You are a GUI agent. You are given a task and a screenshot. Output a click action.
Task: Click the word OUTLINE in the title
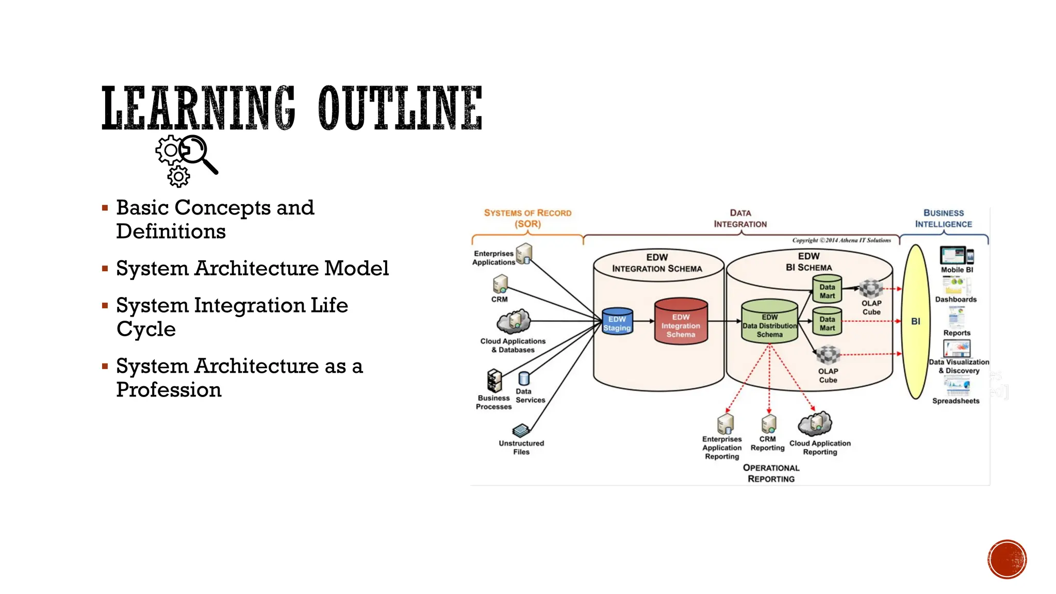tap(400, 108)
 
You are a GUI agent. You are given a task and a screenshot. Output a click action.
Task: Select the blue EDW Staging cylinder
tap(617, 322)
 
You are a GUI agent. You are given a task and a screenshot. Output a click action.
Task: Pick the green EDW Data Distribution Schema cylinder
tap(769, 323)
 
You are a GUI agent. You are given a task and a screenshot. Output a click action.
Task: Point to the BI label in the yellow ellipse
tap(915, 321)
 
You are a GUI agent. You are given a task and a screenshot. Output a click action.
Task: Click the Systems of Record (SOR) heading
tap(527, 218)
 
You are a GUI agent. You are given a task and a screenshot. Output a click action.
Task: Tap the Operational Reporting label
tap(771, 473)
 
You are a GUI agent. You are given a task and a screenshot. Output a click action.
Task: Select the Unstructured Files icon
tap(521, 430)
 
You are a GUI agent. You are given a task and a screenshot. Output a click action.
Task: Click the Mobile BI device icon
tap(956, 256)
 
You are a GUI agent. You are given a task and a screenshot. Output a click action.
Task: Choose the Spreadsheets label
tap(955, 401)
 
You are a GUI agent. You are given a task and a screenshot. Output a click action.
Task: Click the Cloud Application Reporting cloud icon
tap(815, 424)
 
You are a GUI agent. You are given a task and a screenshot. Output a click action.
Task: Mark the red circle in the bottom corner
tap(1006, 559)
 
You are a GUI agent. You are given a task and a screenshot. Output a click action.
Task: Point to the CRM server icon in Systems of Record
tap(500, 284)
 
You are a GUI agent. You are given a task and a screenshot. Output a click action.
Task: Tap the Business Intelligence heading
tap(943, 218)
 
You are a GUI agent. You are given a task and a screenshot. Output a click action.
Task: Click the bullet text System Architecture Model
tap(252, 268)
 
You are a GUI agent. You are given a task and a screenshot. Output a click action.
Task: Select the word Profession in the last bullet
tap(169, 390)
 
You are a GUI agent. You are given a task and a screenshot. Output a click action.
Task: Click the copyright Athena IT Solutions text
tap(841, 240)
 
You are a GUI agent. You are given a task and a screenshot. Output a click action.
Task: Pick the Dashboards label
tap(955, 299)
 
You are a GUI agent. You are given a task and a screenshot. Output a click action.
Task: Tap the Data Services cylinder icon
tap(524, 379)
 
